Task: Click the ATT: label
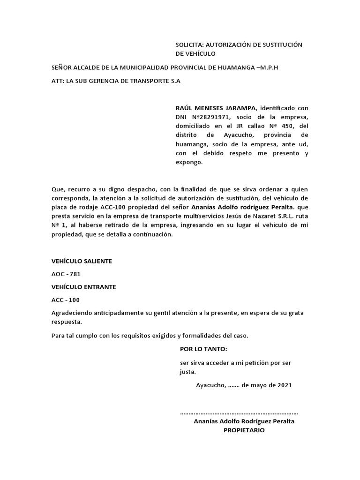pos(58,81)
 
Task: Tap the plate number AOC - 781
pos(62,274)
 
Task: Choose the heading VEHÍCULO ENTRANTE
pos(83,286)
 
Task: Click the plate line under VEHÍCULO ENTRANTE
pos(62,300)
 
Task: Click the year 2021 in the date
pos(284,385)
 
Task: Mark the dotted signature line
pos(239,413)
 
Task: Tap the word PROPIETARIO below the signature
pos(244,430)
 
